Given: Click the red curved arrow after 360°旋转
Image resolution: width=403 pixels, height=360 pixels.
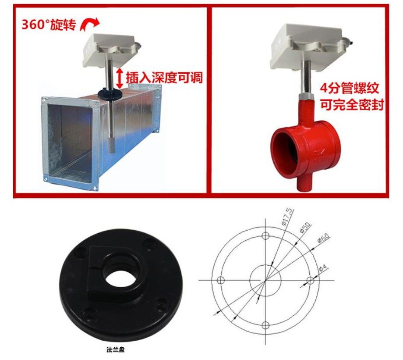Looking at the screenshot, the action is point(90,24).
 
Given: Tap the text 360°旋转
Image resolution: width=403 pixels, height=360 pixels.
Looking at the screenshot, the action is point(49,25).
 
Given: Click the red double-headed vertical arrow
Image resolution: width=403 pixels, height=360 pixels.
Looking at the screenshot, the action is point(119,78).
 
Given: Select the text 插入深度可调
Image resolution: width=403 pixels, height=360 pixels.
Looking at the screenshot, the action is point(164,77).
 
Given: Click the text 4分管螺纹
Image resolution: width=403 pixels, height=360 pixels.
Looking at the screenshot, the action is point(349,88).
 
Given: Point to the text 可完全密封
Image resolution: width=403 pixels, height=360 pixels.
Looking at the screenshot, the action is point(352,104).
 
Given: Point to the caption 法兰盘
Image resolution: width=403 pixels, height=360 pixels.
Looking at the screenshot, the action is point(116,349).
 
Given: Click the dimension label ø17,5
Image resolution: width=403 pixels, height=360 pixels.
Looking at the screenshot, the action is point(287,217).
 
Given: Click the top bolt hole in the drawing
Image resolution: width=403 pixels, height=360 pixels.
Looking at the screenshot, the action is point(265,235).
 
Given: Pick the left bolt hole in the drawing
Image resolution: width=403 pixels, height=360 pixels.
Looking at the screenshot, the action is point(221,280).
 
